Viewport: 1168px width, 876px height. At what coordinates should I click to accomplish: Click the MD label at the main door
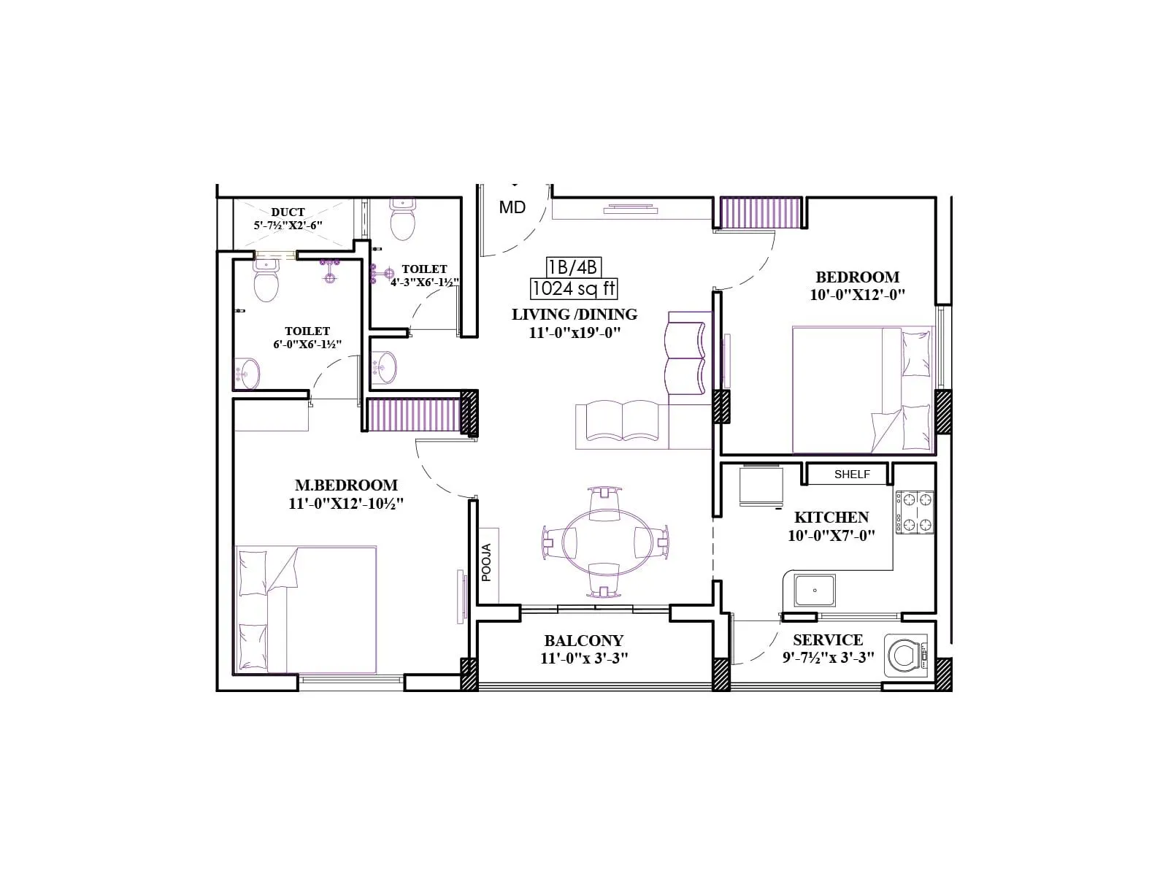click(x=512, y=207)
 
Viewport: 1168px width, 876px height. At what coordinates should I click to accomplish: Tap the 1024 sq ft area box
click(x=574, y=288)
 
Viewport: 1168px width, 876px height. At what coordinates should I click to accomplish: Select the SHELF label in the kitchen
click(x=852, y=474)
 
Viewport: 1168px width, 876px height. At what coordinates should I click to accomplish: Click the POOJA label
click(x=487, y=562)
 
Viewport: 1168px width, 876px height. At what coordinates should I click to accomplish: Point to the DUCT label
click(x=288, y=212)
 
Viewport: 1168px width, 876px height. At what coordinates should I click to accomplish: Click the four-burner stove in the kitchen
click(x=915, y=512)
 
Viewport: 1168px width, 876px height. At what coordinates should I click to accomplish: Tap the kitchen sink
click(x=815, y=590)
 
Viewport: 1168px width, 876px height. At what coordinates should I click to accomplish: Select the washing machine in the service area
click(x=906, y=656)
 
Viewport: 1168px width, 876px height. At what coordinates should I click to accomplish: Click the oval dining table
click(x=604, y=542)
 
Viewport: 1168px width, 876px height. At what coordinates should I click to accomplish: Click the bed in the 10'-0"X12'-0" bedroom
click(x=861, y=391)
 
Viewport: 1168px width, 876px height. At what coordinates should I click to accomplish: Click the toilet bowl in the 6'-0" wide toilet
click(x=266, y=283)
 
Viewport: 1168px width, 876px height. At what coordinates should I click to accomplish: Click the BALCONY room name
click(x=583, y=641)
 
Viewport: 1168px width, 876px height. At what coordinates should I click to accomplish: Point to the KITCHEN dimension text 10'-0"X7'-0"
click(x=831, y=535)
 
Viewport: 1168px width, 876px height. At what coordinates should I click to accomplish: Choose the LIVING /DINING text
click(x=574, y=315)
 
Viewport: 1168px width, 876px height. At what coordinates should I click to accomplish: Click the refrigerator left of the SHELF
click(x=761, y=486)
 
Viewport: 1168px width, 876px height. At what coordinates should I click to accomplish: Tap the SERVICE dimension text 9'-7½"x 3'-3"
click(x=827, y=657)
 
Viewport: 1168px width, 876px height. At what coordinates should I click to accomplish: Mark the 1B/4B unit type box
click(x=574, y=266)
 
